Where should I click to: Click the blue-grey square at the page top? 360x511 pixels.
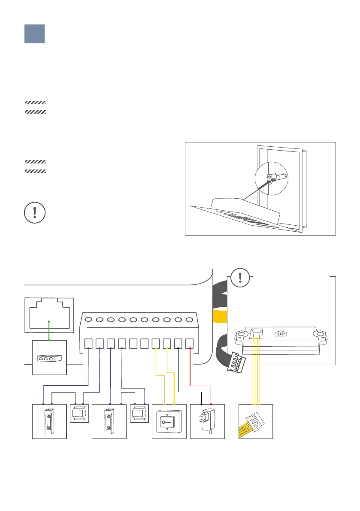[x=34, y=33]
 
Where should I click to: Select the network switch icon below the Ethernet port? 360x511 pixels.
[x=49, y=357]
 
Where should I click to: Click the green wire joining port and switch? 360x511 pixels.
[x=49, y=330]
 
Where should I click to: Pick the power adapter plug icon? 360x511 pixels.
[x=207, y=421]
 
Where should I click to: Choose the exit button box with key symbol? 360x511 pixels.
[x=169, y=421]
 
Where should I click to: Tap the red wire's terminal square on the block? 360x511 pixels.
[x=191, y=343]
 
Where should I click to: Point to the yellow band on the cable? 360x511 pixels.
[x=220, y=318]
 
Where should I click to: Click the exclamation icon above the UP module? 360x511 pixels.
[x=241, y=278]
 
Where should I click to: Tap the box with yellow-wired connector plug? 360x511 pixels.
[x=256, y=421]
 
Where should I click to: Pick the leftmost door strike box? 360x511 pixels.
[x=49, y=421]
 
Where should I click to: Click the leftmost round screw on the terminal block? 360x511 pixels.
[x=88, y=320]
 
